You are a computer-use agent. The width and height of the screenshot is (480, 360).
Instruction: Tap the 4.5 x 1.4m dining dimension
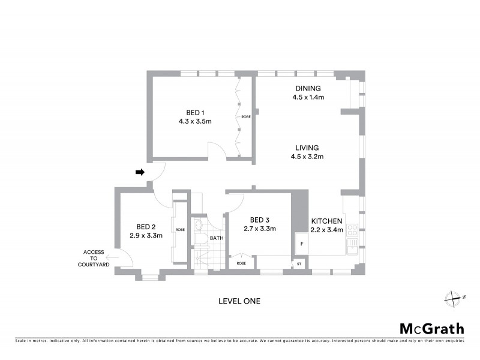pos(308,97)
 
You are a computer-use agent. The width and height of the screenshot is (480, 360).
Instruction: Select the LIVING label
pos(307,148)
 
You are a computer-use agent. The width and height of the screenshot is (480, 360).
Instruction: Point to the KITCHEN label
pos(327,221)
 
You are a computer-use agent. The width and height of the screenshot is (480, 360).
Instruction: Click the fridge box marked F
pos(302,244)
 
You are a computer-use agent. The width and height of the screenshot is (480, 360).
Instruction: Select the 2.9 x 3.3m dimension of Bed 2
pos(146,235)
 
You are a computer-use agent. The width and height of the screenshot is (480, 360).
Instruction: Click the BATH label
pos(217,238)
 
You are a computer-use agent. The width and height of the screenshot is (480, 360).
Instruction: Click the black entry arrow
pos(140,172)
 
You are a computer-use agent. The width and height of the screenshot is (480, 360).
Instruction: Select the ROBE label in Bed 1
pos(246,116)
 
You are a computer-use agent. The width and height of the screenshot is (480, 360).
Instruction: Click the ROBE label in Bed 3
pos(241,263)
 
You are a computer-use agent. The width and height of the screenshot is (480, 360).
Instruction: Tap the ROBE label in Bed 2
pos(180,230)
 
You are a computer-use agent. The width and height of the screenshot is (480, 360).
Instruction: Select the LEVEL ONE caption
pos(239,301)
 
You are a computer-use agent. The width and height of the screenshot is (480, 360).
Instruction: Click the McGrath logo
pos(432,328)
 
